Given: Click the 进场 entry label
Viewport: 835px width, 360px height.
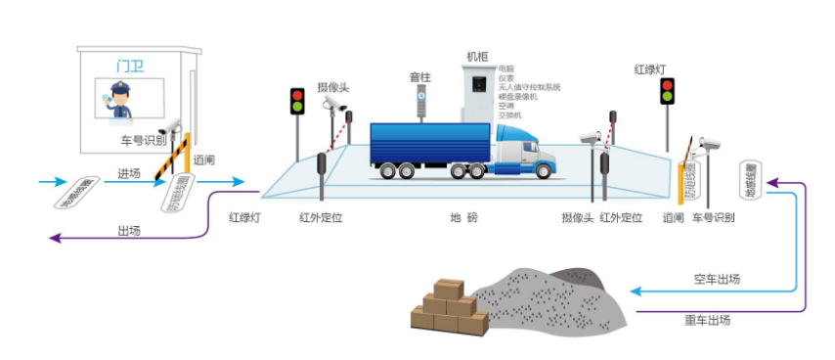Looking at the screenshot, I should tap(129, 173).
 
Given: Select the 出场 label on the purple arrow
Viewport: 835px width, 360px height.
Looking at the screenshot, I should tap(128, 231).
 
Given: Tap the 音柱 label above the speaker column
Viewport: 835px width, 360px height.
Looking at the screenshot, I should tap(420, 76).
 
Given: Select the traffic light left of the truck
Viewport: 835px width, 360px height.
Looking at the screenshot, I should tap(297, 101).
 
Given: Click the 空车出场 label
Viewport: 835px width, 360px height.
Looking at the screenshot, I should tap(715, 280).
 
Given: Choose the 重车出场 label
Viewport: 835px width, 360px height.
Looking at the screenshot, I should tap(707, 319).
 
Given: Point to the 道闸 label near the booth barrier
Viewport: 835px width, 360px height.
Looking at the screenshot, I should tap(204, 159).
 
